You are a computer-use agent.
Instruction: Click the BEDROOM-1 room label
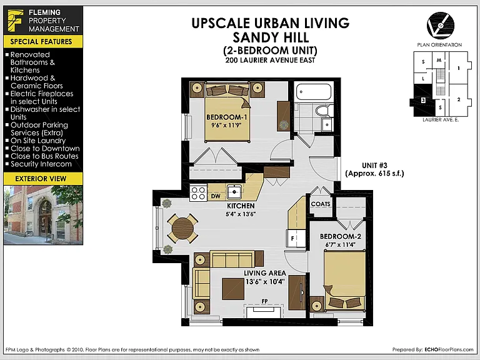[226, 117]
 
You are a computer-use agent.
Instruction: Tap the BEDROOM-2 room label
[341, 236]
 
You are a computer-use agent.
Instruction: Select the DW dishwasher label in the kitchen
[216, 196]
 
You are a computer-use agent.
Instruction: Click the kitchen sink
[234, 192]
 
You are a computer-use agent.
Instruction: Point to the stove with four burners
[198, 193]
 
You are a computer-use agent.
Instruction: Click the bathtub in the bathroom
[314, 92]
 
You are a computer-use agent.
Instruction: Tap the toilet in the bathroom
[324, 110]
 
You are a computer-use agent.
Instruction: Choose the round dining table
[182, 228]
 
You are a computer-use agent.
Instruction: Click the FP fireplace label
[265, 301]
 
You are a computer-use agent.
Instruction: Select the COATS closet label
[321, 204]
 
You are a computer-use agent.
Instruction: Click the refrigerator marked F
[296, 238]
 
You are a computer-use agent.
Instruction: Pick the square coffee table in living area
[233, 289]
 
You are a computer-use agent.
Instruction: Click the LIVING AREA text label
[265, 273]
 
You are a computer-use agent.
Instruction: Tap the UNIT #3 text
[374, 166]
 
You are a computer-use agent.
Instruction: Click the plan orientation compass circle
[441, 26]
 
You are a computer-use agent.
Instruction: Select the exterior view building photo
[43, 214]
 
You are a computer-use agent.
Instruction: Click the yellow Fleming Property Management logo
[15, 21]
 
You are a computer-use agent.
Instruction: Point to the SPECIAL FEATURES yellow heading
[41, 42]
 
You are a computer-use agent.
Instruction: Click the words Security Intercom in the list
[41, 164]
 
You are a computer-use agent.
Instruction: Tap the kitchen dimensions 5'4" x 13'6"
[241, 214]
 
